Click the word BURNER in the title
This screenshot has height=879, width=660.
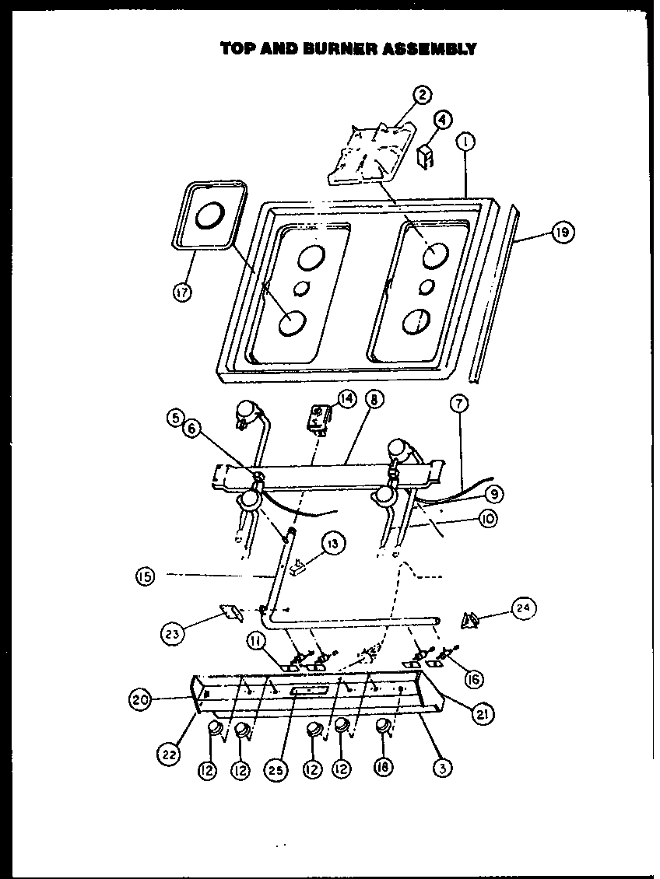click(342, 48)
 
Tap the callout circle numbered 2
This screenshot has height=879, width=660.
click(422, 96)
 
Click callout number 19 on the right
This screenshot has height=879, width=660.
click(562, 233)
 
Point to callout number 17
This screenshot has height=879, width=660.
click(184, 293)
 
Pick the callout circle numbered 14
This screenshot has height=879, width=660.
click(346, 399)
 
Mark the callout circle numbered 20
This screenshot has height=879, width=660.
click(141, 699)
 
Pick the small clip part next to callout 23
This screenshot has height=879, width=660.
click(232, 613)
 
